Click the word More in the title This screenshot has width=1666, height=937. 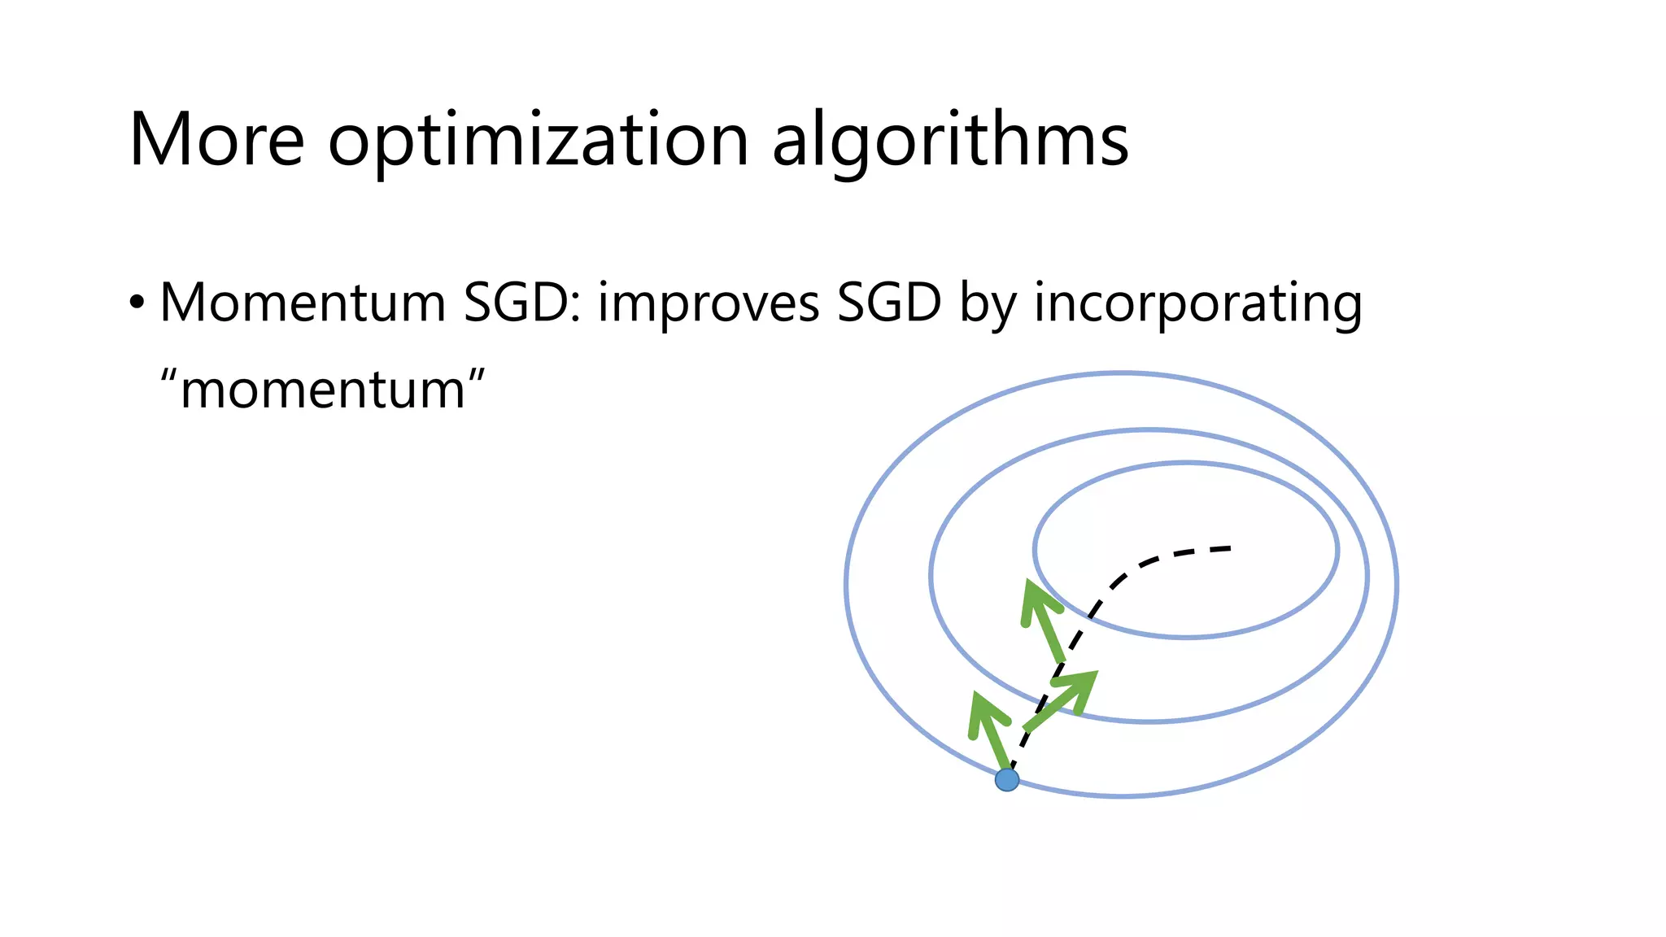tap(216, 140)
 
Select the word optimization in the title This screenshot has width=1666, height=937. tap(538, 142)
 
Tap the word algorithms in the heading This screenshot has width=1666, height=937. tap(949, 142)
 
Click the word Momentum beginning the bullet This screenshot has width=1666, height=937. tap(303, 303)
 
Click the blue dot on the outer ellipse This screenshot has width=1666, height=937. tap(1007, 780)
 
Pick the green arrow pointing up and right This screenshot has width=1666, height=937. tap(1062, 699)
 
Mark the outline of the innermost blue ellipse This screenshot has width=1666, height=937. tap(1338, 551)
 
